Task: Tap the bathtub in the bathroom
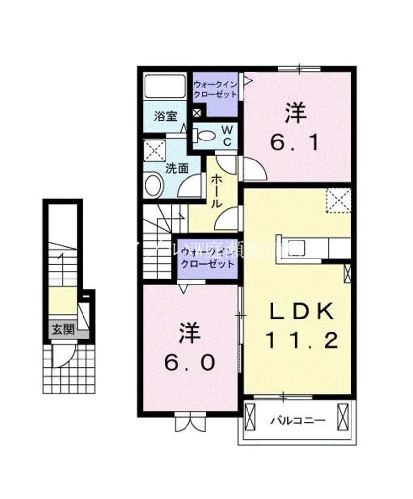click(x=165, y=86)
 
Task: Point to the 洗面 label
click(x=177, y=169)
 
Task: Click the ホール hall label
click(x=215, y=192)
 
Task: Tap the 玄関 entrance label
click(x=62, y=330)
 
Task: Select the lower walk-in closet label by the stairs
click(x=207, y=258)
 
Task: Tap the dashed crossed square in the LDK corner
click(x=339, y=200)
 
